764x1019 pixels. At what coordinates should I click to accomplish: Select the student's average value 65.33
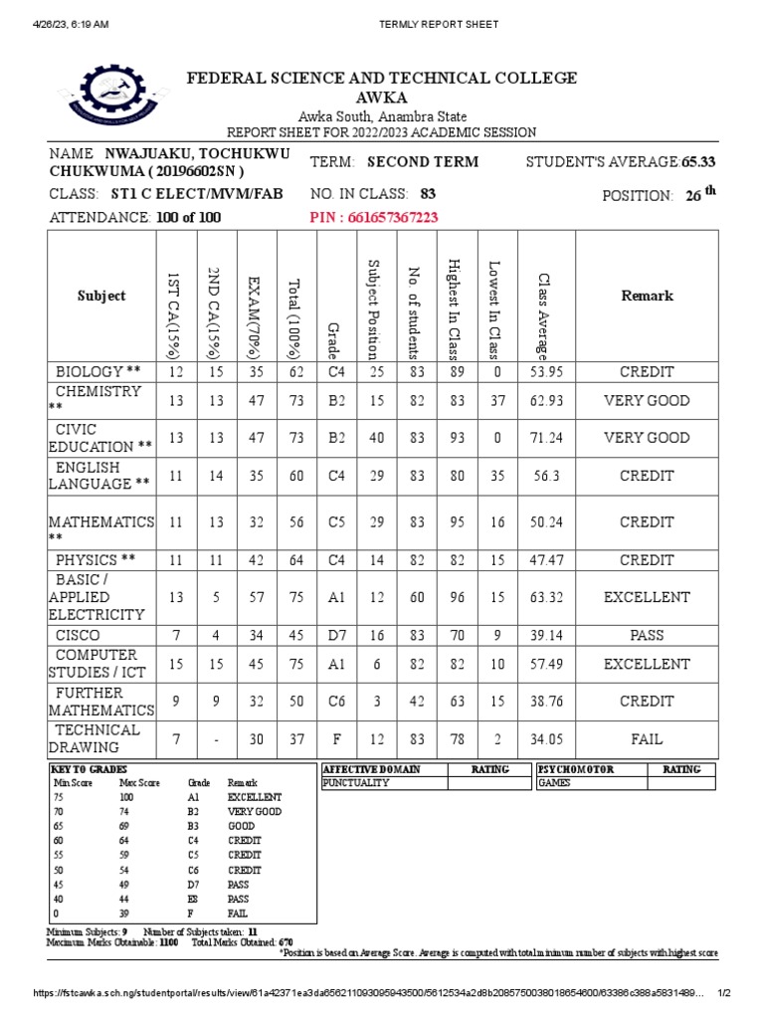(698, 162)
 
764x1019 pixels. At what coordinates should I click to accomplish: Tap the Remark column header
(647, 296)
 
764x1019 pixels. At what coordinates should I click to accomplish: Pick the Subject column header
(102, 296)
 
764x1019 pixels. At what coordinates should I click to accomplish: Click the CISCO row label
(78, 635)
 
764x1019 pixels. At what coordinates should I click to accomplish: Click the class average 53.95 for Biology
(546, 372)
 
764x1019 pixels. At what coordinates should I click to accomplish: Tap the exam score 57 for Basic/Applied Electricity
(257, 597)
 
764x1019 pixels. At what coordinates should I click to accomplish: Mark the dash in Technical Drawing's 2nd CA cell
(216, 739)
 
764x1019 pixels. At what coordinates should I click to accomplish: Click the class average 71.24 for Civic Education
(546, 438)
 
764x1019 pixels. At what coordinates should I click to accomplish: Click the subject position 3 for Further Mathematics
(377, 701)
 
